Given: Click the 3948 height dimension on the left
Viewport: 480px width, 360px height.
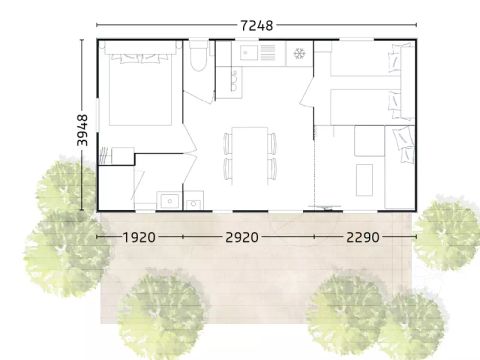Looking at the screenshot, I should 83,127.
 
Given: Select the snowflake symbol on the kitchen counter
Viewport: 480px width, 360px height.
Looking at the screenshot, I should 298,52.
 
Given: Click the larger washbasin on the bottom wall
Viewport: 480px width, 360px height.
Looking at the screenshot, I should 166,200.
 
